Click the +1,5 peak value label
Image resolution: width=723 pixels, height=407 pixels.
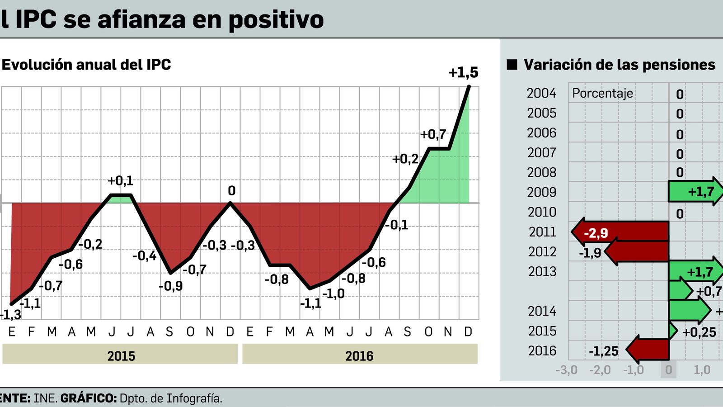tap(463, 72)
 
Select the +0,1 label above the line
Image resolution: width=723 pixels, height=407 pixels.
tap(120, 181)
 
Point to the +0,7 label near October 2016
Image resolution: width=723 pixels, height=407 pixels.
tap(433, 134)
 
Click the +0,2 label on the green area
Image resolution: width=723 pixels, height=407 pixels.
tap(405, 159)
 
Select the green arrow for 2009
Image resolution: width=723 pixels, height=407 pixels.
tap(696, 191)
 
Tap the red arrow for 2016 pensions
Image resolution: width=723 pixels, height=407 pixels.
tap(648, 350)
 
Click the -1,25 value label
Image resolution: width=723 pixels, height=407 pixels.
tap(603, 351)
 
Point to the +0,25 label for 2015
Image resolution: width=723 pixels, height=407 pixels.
tap(699, 332)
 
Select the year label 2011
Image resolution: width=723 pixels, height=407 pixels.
tap(542, 232)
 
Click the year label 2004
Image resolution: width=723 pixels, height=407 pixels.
tap(541, 93)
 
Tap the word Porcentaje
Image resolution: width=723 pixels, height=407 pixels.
tap(602, 93)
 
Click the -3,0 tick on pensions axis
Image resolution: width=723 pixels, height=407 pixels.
tap(566, 370)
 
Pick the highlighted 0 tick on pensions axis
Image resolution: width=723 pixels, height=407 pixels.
tap(668, 370)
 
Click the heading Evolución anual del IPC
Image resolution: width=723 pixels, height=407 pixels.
tap(86, 65)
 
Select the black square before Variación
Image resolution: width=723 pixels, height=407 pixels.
tap(512, 65)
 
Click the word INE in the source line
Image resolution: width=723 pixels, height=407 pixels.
tap(45, 398)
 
